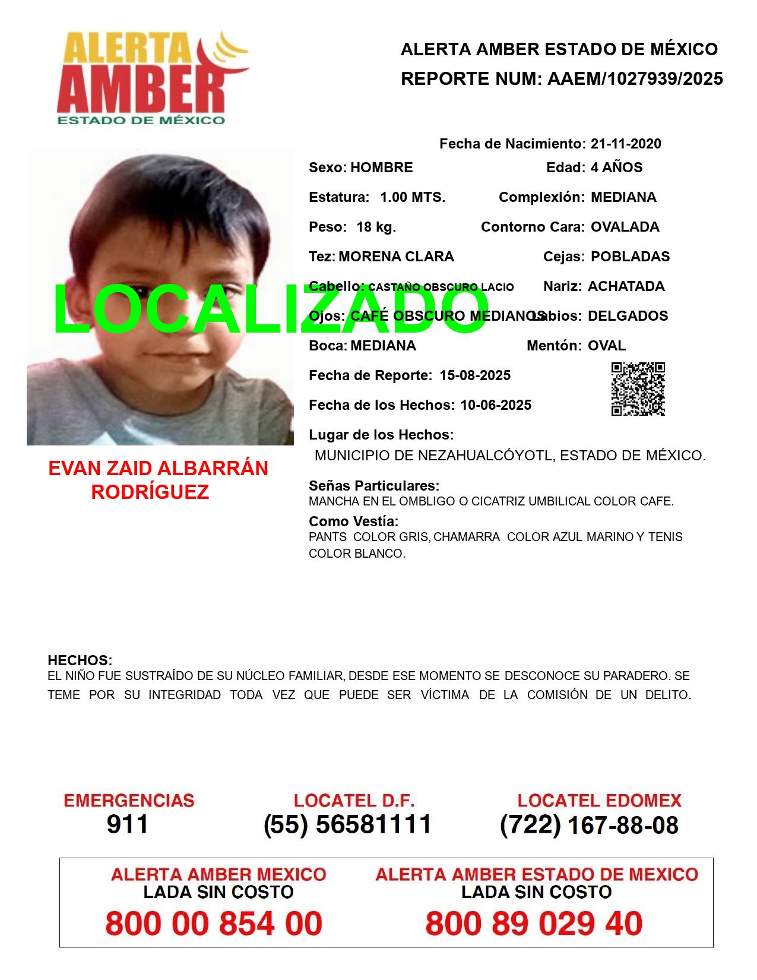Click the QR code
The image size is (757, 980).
point(638,389)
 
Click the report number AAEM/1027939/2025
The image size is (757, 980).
point(635,79)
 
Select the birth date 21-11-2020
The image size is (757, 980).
point(626,144)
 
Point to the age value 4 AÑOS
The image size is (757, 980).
point(616,167)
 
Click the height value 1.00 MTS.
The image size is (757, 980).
point(413,197)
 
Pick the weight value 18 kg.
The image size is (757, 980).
point(376,227)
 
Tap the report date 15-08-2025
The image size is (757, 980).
point(475,375)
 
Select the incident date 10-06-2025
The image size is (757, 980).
point(496,405)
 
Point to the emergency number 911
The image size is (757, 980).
point(128,824)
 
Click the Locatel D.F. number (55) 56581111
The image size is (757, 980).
point(348,824)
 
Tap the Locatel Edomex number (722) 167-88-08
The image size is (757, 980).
point(589,825)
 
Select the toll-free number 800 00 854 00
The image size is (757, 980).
point(214,924)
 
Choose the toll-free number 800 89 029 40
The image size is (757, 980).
point(534,924)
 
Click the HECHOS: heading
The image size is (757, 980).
point(80,660)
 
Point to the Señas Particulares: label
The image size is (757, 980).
point(374,486)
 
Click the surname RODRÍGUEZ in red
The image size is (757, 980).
point(150,492)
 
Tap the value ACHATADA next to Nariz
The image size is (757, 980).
point(626,286)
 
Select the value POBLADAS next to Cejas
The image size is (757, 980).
point(630,257)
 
